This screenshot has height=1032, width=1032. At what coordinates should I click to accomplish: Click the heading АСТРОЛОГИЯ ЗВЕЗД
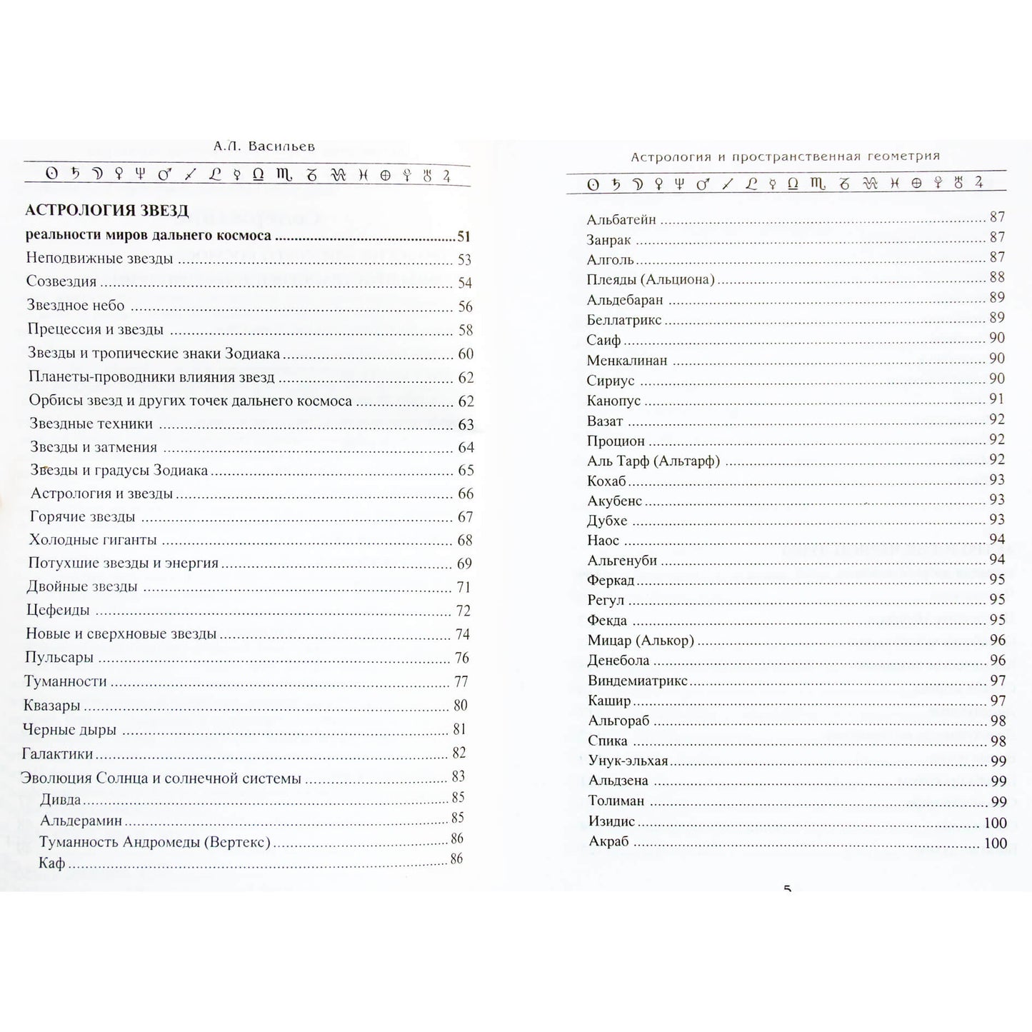(107, 210)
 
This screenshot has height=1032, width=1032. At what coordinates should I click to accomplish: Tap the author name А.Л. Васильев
(264, 146)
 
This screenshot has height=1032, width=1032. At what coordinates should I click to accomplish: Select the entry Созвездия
(61, 281)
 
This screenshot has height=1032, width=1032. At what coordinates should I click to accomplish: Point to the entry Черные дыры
(69, 730)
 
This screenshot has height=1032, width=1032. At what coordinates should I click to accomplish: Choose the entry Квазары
(51, 706)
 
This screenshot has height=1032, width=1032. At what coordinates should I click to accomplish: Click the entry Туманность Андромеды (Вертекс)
(155, 842)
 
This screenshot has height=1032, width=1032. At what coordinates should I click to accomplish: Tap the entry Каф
(52, 863)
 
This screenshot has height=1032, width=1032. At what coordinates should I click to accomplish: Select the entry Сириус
(611, 381)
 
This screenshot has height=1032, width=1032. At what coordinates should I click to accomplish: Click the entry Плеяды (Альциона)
(651, 279)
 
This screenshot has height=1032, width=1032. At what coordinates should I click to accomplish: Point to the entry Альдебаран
(625, 300)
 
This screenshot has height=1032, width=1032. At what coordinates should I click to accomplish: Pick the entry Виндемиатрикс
(638, 681)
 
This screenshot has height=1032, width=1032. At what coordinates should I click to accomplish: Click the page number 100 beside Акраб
(995, 843)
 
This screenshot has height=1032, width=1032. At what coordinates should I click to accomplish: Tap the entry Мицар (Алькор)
(641, 641)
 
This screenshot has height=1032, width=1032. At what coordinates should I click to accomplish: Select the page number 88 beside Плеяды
(997, 277)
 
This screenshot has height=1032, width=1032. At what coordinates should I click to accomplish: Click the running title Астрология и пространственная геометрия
(785, 156)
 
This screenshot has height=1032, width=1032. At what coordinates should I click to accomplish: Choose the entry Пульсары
(59, 658)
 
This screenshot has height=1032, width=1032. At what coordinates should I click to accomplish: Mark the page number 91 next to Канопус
(997, 399)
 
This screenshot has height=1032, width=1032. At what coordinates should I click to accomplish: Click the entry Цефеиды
(58, 611)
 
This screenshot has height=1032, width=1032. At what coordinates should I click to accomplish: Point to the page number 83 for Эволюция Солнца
(458, 776)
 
